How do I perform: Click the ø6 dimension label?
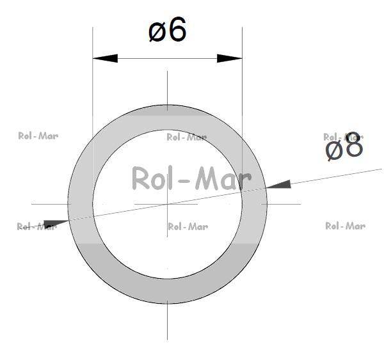point(168,31)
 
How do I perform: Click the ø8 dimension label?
point(344,147)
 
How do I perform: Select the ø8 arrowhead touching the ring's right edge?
point(277,185)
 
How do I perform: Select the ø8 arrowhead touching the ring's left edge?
point(56,223)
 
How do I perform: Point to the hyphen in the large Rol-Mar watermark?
point(184,181)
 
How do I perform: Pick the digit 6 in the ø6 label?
point(178,31)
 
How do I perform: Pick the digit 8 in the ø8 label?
point(354,146)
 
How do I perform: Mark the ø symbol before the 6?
point(157,32)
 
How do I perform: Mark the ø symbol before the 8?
point(334,149)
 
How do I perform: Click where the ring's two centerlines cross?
point(167,204)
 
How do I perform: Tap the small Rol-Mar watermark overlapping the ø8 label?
point(343,136)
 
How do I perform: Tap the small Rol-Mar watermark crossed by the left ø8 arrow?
point(36,226)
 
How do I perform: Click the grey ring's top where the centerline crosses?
point(167,117)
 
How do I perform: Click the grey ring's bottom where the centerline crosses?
point(167,291)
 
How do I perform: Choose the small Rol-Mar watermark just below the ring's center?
point(188,226)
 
